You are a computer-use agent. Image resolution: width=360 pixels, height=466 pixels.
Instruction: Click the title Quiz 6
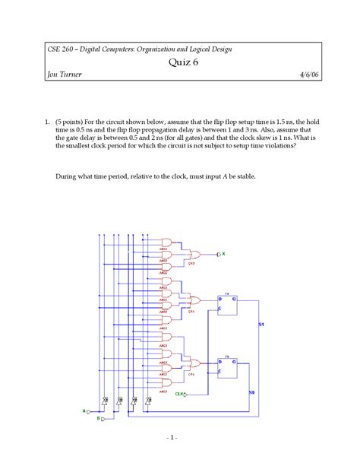point(179,62)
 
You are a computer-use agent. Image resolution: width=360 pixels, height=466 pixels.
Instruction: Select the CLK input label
point(180,394)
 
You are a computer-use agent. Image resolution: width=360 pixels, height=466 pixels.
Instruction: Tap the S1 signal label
point(261,325)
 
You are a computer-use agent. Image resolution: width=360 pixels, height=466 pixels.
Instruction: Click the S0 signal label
point(253,392)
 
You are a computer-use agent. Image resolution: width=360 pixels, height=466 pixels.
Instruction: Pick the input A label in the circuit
point(84,411)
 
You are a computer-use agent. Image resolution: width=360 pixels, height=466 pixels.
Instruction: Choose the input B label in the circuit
point(99,417)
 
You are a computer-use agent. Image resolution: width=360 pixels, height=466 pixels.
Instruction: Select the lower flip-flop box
point(226,367)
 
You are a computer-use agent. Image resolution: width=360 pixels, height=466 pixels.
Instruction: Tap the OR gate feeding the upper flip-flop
point(194,301)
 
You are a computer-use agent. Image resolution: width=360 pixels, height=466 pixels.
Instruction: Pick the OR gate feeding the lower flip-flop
point(194,364)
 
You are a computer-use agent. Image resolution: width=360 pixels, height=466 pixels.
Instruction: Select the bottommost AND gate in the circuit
point(164,381)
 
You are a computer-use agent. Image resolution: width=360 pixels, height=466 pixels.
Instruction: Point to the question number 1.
point(47,120)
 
